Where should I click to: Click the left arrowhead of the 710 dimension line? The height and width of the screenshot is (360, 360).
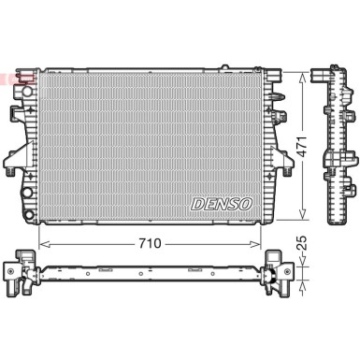(42, 243)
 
